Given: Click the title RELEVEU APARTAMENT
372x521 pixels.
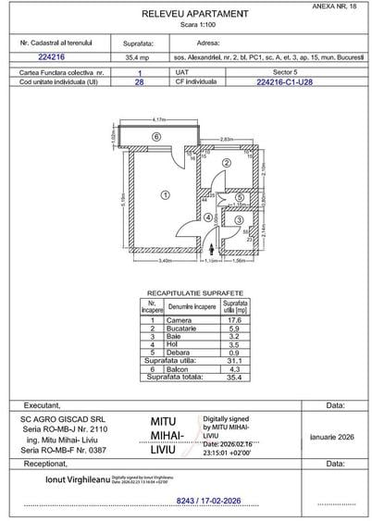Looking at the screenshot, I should coord(195,15).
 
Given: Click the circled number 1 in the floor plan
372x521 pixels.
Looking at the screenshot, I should coord(165,194).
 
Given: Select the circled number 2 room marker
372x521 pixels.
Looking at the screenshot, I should coord(226,163).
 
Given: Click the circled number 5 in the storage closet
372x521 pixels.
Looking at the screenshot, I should coord(238,197).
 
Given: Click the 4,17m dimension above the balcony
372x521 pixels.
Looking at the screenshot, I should coord(158,120).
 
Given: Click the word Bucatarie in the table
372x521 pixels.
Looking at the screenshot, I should coord(189,329).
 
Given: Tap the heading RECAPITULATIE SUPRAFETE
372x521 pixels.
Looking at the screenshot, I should coord(195,290).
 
